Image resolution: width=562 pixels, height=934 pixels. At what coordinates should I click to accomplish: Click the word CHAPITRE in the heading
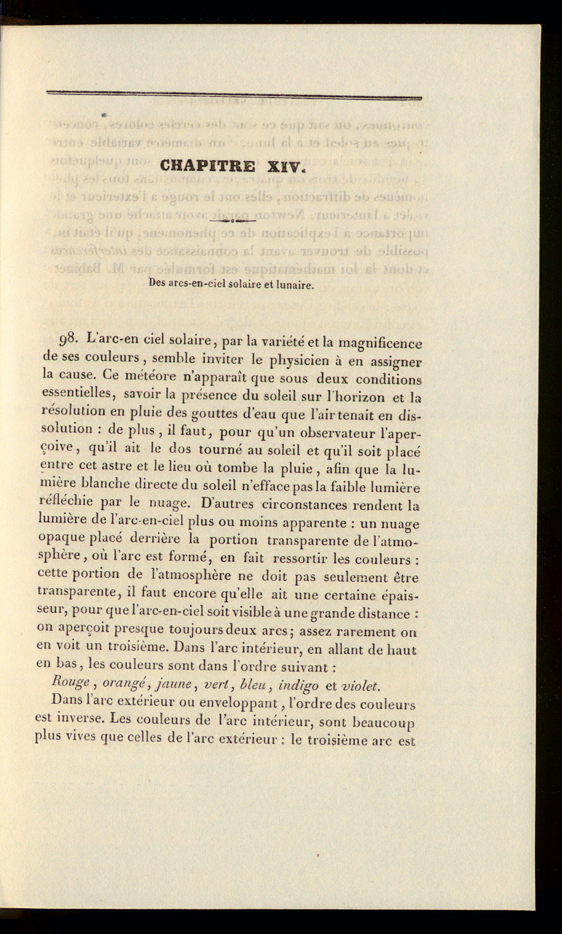(x=207, y=166)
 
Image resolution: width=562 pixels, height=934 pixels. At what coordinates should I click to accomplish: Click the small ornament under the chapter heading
(x=232, y=220)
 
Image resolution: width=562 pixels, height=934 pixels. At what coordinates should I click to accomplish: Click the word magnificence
(x=379, y=344)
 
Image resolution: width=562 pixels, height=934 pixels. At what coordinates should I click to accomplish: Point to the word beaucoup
(x=383, y=723)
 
